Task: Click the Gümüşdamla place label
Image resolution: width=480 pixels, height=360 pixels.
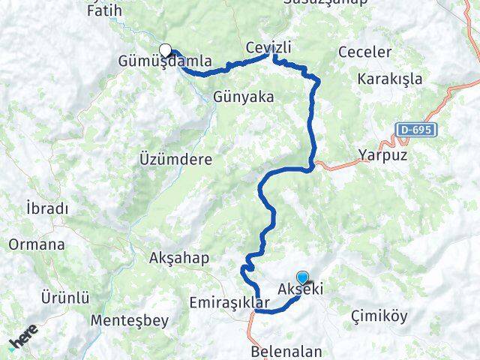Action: point(164,61)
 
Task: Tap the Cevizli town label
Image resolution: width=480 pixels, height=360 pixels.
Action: point(268,48)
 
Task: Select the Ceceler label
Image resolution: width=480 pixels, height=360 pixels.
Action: point(365,52)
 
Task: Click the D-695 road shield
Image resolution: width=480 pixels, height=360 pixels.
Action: point(417,130)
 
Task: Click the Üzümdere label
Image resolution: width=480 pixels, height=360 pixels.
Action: point(176,160)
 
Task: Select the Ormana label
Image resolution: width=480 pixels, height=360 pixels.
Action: point(37,244)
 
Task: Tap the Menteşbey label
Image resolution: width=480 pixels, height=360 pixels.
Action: point(121,320)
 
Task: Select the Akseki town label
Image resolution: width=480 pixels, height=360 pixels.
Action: point(300,289)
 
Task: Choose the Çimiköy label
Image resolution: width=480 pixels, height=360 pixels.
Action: point(379,316)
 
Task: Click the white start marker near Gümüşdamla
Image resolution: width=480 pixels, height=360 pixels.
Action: point(165,50)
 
